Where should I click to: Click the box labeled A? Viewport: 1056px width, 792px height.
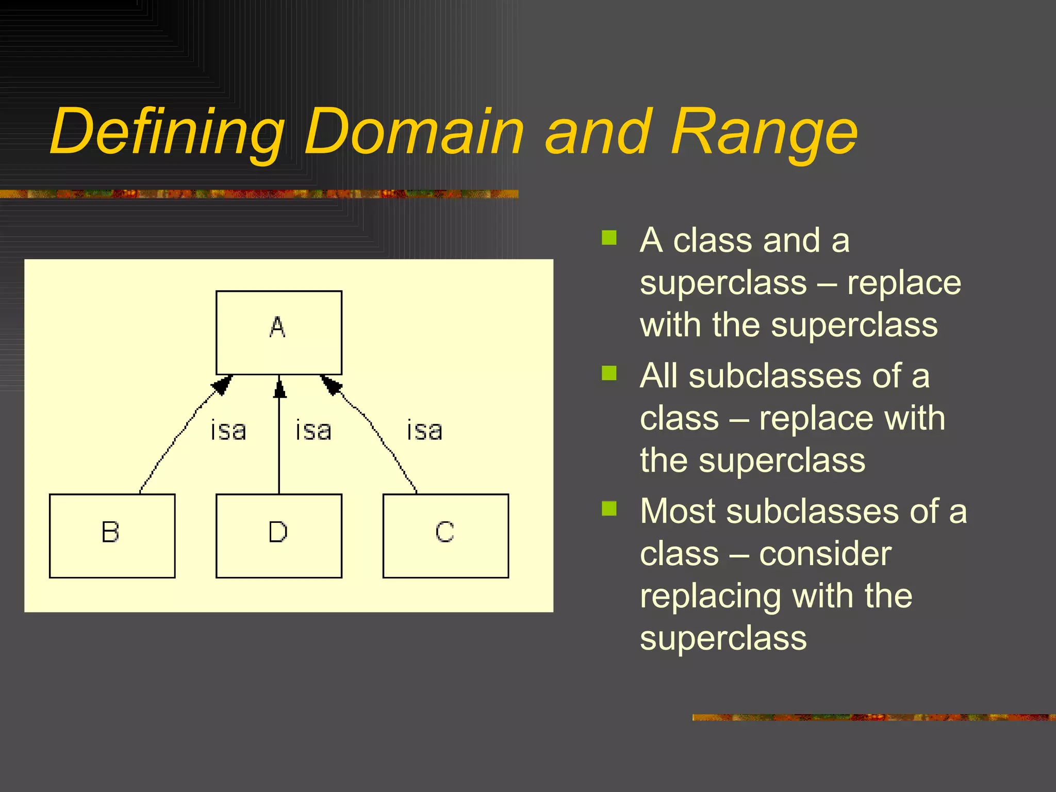(x=278, y=333)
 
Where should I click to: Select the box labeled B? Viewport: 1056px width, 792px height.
(x=112, y=536)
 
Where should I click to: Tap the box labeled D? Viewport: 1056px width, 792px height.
(x=278, y=536)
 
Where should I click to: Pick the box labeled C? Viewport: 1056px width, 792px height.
(x=445, y=536)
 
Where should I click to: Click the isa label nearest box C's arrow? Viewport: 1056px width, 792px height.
(x=424, y=431)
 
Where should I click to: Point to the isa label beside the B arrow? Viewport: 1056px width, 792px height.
(x=228, y=431)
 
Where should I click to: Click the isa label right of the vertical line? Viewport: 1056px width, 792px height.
(x=313, y=431)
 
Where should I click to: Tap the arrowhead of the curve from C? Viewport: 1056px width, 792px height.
(x=331, y=385)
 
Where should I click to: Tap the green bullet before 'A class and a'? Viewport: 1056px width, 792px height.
(x=609, y=238)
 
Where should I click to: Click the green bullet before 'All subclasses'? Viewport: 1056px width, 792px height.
(x=609, y=373)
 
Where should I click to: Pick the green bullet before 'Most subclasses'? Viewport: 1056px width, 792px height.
(x=609, y=508)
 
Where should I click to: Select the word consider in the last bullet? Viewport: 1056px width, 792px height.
(x=825, y=554)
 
